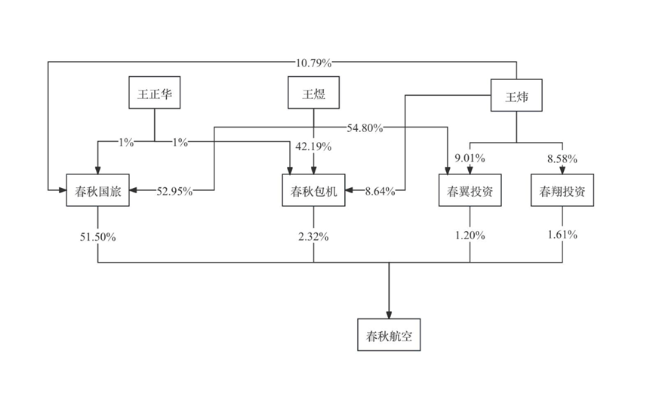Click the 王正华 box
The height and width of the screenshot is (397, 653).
155,94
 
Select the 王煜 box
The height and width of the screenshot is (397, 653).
313,94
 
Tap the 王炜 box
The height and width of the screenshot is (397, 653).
517,96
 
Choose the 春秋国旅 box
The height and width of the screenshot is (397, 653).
98,191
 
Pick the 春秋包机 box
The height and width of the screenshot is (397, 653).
313,191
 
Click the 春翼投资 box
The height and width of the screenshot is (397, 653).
470,191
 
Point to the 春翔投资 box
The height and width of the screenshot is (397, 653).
562,191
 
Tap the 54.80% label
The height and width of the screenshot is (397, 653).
365,128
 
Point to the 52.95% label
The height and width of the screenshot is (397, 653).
174,192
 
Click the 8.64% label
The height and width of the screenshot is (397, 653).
380,192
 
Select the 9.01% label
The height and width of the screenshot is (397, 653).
470,158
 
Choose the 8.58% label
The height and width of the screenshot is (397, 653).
562,158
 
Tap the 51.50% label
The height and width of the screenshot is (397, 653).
98,235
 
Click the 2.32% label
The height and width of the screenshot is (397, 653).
313,235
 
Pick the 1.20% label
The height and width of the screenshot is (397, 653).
470,235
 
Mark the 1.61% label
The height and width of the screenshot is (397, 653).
562,235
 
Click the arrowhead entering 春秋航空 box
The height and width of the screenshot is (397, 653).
390,313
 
